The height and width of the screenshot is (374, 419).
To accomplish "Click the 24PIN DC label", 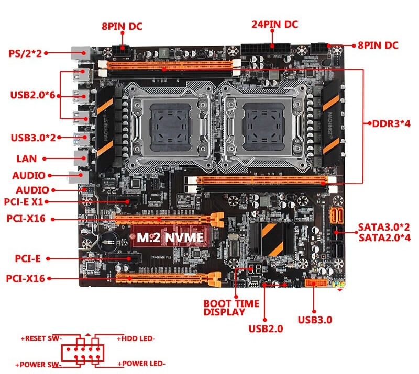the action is (274, 24).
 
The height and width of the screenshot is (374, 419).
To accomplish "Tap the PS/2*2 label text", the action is (25, 53).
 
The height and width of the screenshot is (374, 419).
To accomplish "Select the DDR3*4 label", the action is (391, 123).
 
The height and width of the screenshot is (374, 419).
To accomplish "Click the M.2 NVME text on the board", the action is (170, 237).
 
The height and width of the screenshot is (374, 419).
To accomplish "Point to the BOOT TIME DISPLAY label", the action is (231, 308).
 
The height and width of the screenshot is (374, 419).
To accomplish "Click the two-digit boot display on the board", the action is (254, 269).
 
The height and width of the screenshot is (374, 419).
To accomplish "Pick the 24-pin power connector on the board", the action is (266, 49).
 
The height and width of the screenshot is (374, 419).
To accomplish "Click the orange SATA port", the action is (337, 216).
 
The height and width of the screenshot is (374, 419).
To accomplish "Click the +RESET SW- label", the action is (41, 338).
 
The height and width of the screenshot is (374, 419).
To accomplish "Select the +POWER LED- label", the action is (141, 364).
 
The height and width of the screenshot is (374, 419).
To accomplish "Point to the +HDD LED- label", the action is (136, 338).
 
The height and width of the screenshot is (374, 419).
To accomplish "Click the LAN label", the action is (27, 158).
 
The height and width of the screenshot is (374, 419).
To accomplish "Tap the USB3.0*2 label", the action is (33, 138).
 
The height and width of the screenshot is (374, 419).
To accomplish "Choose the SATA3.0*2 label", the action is (384, 227).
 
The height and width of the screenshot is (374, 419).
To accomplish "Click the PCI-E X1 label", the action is (24, 201).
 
